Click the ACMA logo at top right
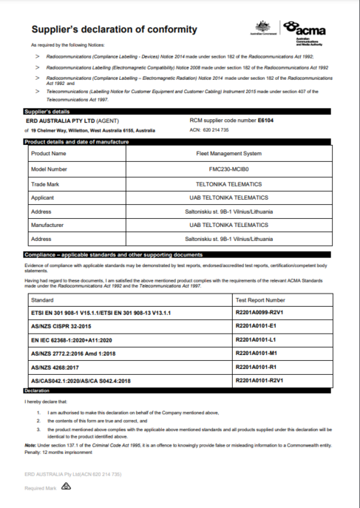pyautogui.click(x=307, y=30)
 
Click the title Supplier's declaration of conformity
pyautogui.click(x=114, y=30)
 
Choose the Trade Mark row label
pyautogui.click(x=47, y=183)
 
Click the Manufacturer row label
pyautogui.click(x=51, y=226)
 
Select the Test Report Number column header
pyautogui.click(x=259, y=301)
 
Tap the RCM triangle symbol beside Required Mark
pyautogui.click(x=66, y=487)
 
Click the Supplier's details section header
pyautogui.click(x=50, y=111)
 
